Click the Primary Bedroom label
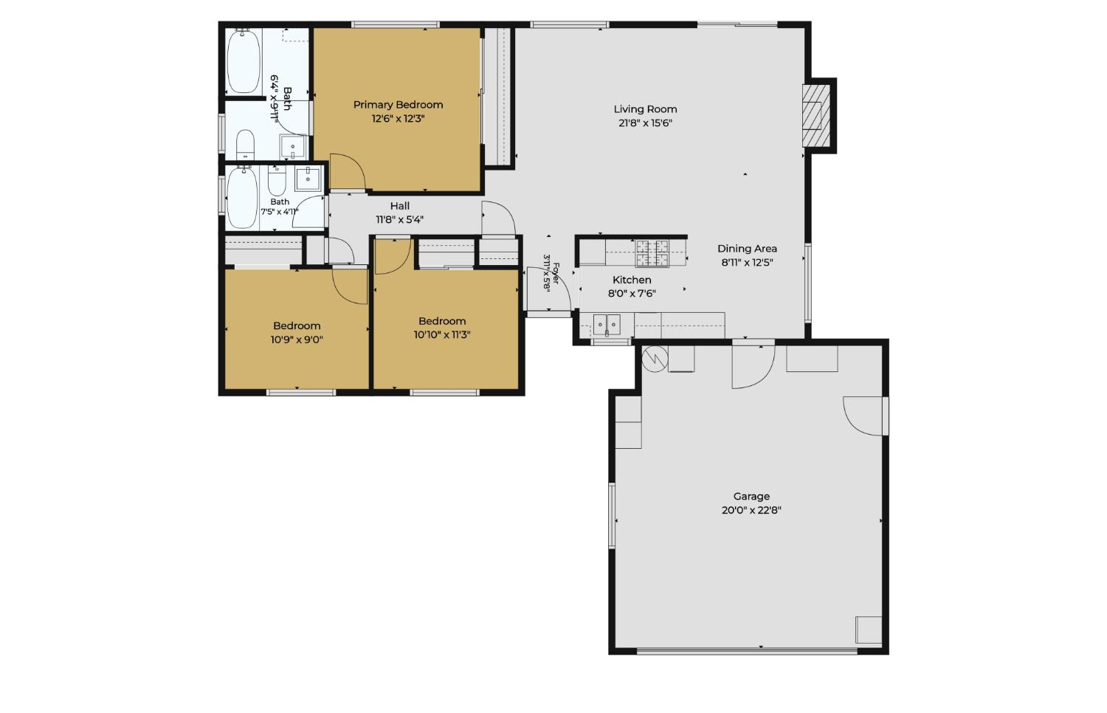[398, 105]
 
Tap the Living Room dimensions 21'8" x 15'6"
[646, 123]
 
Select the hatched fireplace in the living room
[816, 116]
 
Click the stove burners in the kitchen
[652, 253]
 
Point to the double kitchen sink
[607, 325]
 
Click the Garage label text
[751, 496]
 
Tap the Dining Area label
[747, 249]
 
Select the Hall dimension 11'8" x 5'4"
[400, 219]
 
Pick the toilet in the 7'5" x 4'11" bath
[277, 180]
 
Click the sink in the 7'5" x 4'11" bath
[308, 179]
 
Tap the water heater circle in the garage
[655, 359]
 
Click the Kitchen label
[632, 280]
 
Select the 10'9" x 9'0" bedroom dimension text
[297, 340]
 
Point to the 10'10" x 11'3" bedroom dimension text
[442, 334]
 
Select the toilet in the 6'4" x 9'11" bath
[245, 144]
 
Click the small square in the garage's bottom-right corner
[869, 630]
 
